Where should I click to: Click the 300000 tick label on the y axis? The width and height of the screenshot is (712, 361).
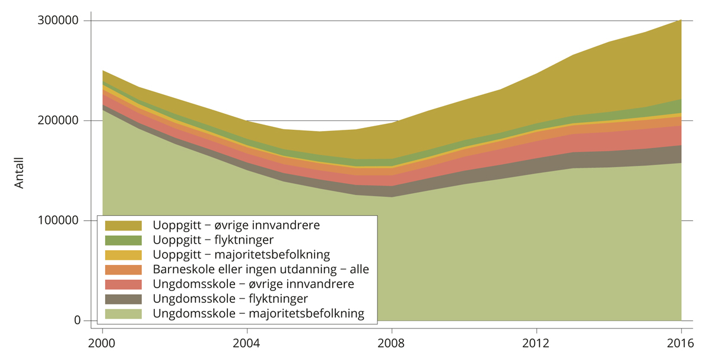(59, 21)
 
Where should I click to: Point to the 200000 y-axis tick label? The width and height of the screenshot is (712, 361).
(59, 121)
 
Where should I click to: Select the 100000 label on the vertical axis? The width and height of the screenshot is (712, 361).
(59, 221)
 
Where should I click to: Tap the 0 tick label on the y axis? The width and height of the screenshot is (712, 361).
(77, 321)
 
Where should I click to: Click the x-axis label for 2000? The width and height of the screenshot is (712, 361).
(102, 343)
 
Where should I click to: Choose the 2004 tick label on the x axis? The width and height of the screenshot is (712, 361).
(247, 343)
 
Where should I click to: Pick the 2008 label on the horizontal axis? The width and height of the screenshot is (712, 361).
(392, 343)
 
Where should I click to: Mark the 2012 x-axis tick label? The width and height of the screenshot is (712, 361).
(536, 343)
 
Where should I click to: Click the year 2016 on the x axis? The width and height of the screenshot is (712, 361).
(681, 343)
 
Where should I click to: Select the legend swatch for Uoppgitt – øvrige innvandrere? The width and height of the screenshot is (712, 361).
(123, 225)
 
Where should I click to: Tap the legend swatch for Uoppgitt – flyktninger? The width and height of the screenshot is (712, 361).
(123, 240)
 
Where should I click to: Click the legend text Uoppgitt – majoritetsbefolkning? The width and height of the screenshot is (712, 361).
(241, 255)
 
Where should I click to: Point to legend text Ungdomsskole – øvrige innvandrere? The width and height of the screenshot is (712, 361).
(253, 284)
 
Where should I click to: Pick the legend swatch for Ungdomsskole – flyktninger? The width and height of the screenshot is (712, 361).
(123, 299)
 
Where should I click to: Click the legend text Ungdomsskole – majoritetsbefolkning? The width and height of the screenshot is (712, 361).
(258, 314)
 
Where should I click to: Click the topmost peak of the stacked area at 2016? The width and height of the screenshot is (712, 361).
(681, 20)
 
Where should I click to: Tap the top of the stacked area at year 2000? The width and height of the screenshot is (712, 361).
(103, 71)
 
